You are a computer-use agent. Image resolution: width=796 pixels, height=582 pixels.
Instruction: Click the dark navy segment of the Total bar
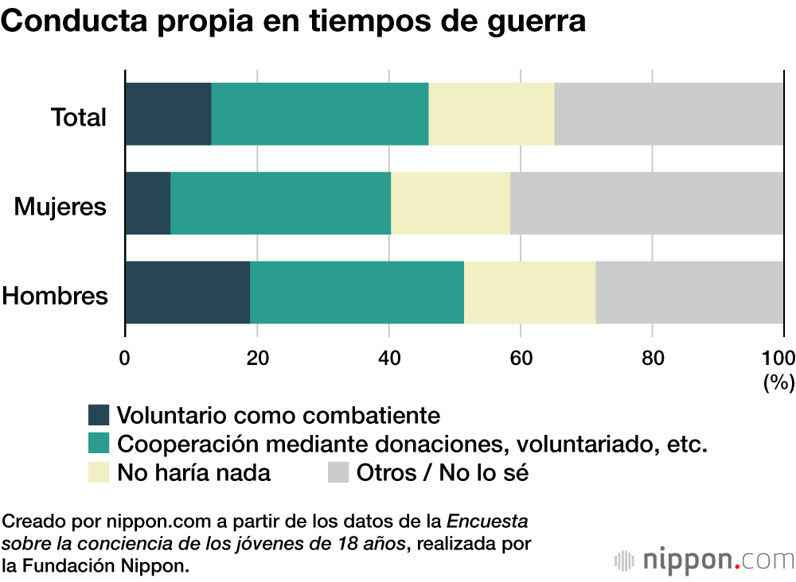pos(168,114)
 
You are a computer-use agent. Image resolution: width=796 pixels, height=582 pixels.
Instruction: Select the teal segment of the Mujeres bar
pos(280,204)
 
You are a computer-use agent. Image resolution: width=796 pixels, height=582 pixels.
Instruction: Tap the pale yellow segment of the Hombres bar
pos(530,293)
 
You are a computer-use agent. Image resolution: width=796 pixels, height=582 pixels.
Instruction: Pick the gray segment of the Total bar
pos(669,114)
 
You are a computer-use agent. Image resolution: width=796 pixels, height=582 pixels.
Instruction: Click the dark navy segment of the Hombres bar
pos(188,293)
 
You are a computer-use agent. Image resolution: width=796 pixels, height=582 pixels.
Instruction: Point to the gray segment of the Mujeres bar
pos(646,204)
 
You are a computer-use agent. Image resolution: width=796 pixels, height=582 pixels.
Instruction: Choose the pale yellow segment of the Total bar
pos(491,114)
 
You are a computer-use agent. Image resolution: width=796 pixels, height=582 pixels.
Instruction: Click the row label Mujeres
pos(60,208)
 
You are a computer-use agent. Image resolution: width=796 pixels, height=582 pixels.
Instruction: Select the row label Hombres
pos(54,297)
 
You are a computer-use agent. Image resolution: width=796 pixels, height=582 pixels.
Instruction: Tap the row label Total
pos(78,118)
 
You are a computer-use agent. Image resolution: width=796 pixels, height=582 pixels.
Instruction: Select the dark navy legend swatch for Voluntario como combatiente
pos(99,415)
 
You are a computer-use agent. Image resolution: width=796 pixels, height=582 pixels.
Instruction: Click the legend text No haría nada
pos(193,472)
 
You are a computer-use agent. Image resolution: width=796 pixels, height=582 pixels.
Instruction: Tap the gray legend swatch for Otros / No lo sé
pos(338,472)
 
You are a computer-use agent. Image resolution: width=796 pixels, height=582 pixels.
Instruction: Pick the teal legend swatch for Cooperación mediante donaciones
pos(99,443)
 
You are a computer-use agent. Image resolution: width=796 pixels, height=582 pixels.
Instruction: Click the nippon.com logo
pos(704,559)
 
